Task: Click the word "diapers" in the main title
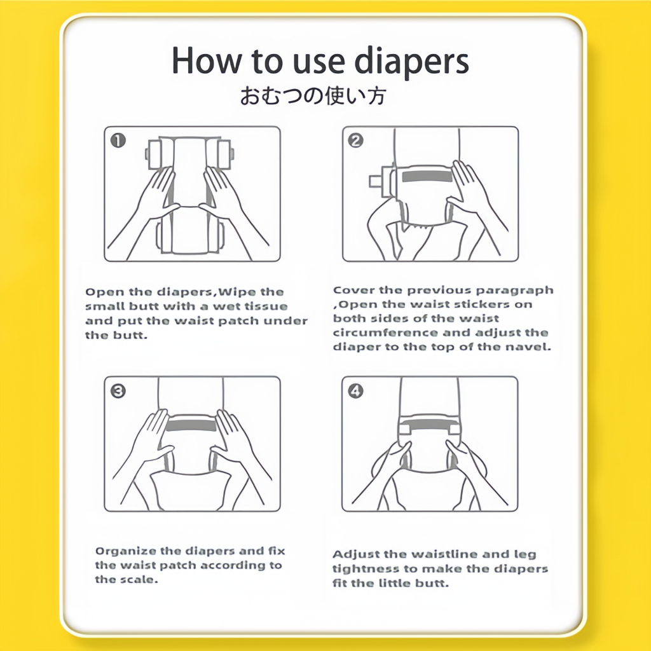[411, 62]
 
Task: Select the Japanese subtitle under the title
[313, 96]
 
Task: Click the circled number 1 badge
[118, 140]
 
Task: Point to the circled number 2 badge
[356, 140]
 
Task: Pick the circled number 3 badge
[118, 391]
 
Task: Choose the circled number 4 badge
[356, 391]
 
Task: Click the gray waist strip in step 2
[427, 176]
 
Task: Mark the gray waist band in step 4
[428, 424]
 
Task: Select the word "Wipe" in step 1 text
[235, 292]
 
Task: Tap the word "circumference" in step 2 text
[386, 333]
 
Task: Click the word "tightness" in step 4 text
[366, 570]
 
